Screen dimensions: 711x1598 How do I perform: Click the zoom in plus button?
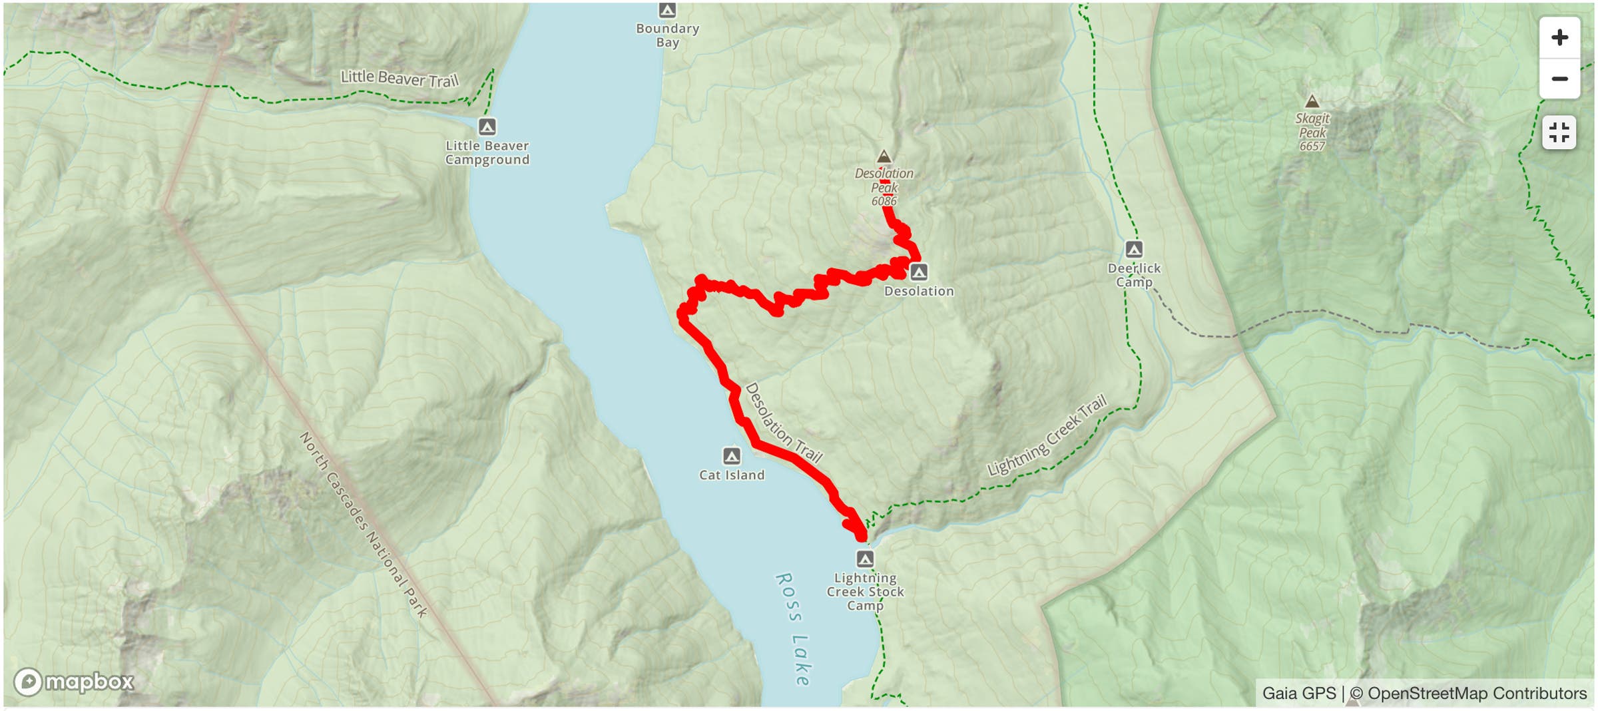click(1559, 38)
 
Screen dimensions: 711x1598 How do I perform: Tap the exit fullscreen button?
click(1559, 132)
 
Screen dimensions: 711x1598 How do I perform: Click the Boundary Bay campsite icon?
click(667, 10)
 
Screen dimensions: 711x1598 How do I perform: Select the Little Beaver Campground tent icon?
click(487, 126)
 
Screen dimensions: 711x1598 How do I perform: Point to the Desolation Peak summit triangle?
click(884, 156)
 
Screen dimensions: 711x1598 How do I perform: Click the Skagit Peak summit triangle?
click(1312, 101)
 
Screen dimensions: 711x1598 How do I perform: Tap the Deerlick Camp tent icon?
click(1134, 249)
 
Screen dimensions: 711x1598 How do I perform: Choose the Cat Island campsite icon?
click(732, 456)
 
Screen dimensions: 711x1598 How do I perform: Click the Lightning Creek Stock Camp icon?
click(865, 559)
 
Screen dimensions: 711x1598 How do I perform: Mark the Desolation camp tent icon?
click(919, 272)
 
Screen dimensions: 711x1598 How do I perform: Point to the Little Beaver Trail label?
click(400, 79)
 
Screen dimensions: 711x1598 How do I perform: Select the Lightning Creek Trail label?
click(1047, 435)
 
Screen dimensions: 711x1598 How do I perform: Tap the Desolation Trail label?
click(784, 423)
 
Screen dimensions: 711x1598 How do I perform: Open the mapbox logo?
click(74, 682)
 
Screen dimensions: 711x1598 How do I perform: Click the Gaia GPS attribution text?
click(1298, 693)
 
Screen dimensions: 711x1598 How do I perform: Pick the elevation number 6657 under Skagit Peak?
click(1312, 146)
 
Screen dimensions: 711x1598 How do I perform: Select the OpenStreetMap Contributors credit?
click(1476, 693)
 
